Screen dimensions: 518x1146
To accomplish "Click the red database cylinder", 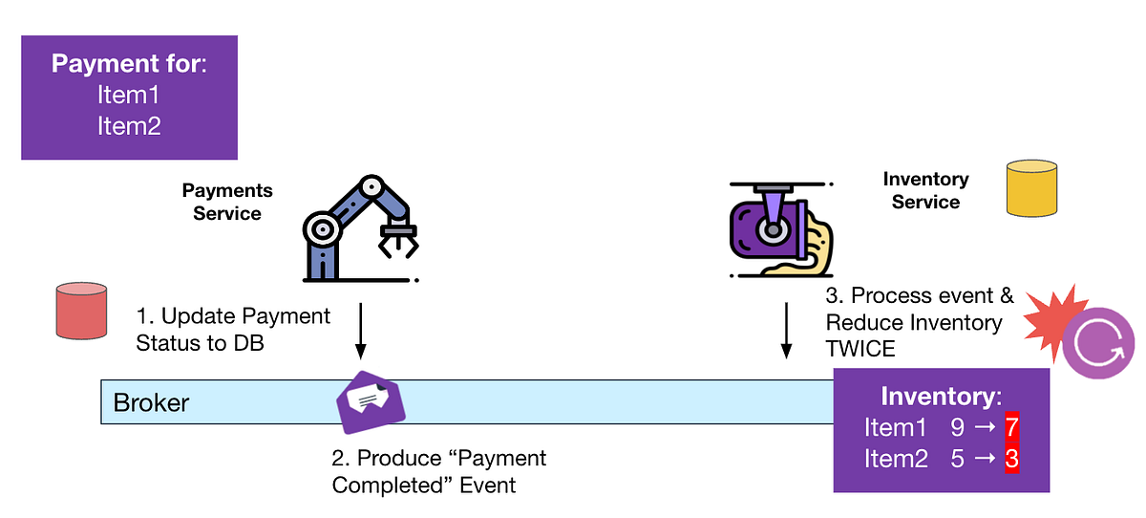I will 81,311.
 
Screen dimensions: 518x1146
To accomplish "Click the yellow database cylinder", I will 1031,187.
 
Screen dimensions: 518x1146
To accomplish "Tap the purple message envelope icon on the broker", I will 371,401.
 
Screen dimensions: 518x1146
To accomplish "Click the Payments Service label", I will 227,203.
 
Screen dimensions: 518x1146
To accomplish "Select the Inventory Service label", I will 925,190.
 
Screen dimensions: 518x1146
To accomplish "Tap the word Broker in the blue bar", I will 151,402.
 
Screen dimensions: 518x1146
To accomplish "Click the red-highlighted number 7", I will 1011,427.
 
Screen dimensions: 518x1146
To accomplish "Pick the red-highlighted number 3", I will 1011,459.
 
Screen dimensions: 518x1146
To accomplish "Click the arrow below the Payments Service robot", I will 362,330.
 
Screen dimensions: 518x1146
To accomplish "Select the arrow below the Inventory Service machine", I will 785,330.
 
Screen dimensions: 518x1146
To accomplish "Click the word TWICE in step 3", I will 860,349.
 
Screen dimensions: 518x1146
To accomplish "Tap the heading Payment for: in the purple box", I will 129,64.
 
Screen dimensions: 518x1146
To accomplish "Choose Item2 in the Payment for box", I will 129,125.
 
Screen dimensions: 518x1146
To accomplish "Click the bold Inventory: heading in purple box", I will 941,396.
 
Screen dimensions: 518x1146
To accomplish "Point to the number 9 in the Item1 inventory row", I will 958,427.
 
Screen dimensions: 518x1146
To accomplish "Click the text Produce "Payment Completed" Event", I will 438,471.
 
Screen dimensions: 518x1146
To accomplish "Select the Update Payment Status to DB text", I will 233,329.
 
